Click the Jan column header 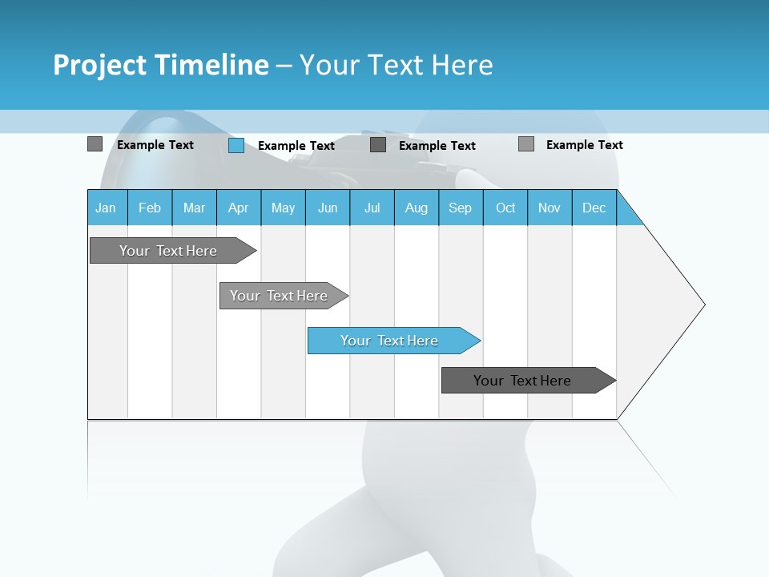pyautogui.click(x=107, y=208)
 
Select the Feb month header pyautogui.click(x=150, y=208)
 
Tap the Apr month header pyautogui.click(x=239, y=208)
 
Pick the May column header pyautogui.click(x=283, y=208)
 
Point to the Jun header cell pyautogui.click(x=328, y=208)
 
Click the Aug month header pyautogui.click(x=417, y=208)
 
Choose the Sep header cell pyautogui.click(x=461, y=208)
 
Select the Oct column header pyautogui.click(x=505, y=208)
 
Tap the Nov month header pyautogui.click(x=550, y=208)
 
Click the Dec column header pyautogui.click(x=594, y=208)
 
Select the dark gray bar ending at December pyautogui.click(x=523, y=381)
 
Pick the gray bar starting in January pyautogui.click(x=168, y=251)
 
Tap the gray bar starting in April pyautogui.click(x=279, y=296)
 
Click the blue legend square pyautogui.click(x=236, y=145)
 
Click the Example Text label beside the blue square pyautogui.click(x=296, y=146)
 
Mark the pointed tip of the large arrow pyautogui.click(x=703, y=305)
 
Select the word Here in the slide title pyautogui.click(x=462, y=65)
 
